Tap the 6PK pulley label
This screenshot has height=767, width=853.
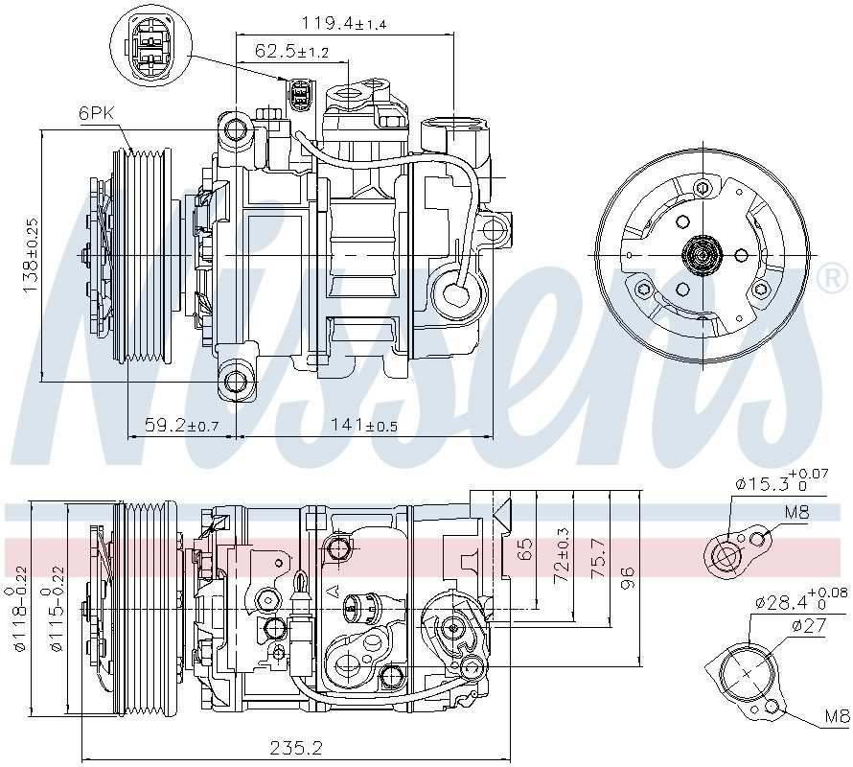(96, 113)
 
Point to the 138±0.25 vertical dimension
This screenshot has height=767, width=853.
(31, 256)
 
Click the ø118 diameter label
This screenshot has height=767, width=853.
(15, 623)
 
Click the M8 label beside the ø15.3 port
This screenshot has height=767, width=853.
(797, 512)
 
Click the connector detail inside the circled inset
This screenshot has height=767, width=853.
(150, 44)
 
